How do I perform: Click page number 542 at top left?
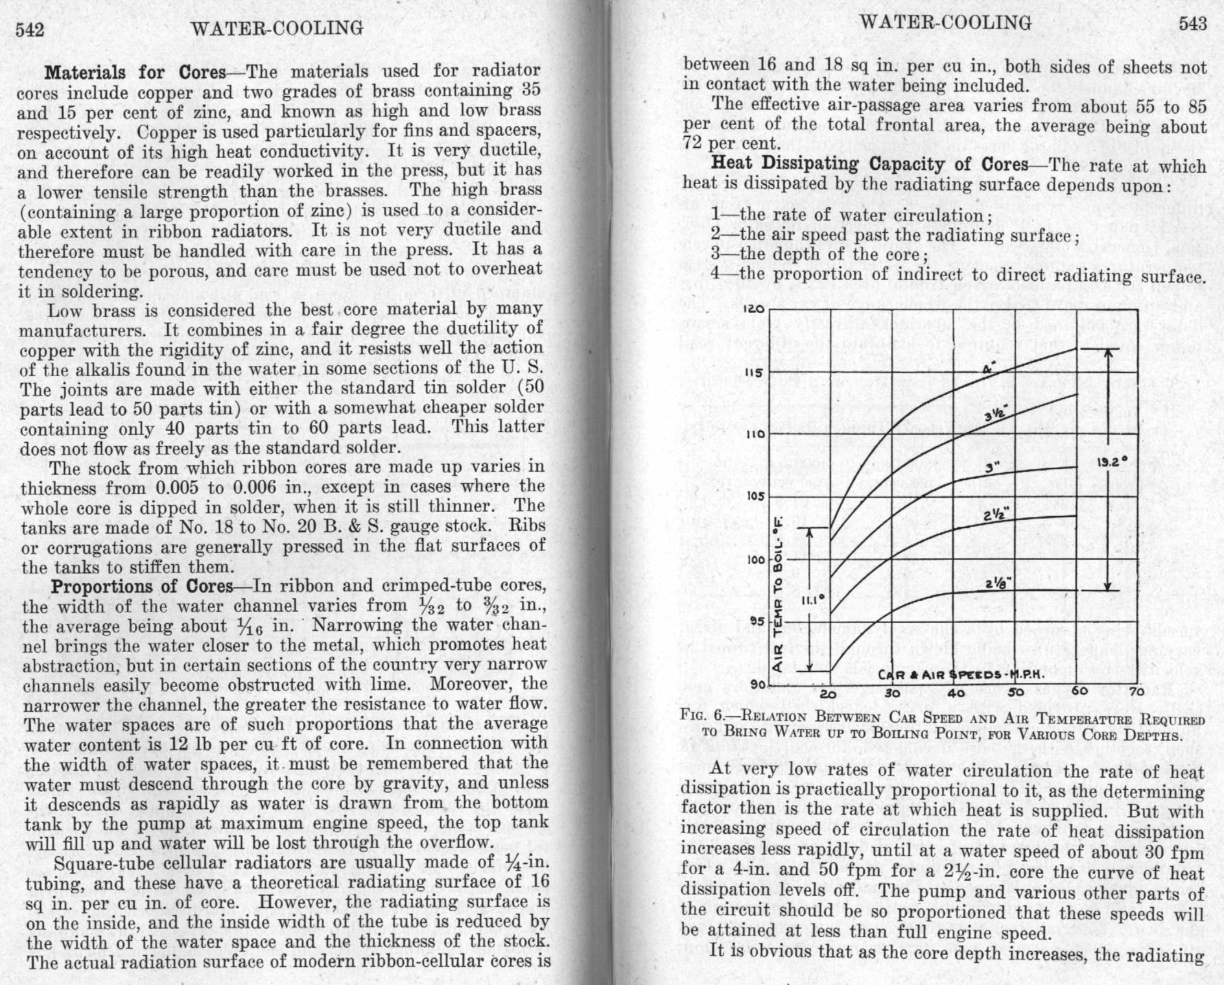point(30,29)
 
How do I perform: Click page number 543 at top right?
point(1192,24)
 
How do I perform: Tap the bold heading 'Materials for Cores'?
point(135,72)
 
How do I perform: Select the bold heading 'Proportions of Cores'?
point(142,587)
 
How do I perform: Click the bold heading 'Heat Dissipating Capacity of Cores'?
point(869,165)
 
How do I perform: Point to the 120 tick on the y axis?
point(753,309)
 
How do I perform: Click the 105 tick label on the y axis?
point(755,496)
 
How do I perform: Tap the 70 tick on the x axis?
point(1137,692)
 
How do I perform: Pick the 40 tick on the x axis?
point(956,692)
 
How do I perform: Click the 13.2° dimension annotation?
point(1110,462)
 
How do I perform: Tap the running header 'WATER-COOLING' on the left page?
point(277,28)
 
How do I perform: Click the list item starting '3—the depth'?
point(819,254)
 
